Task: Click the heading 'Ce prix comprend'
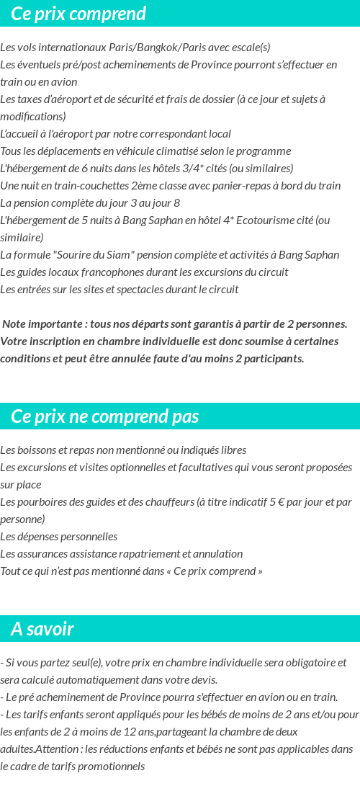(x=78, y=14)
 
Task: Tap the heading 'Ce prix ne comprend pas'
(x=105, y=416)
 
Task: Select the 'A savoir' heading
(x=42, y=629)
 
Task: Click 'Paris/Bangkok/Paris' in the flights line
(x=133, y=48)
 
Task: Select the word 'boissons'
(x=37, y=450)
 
